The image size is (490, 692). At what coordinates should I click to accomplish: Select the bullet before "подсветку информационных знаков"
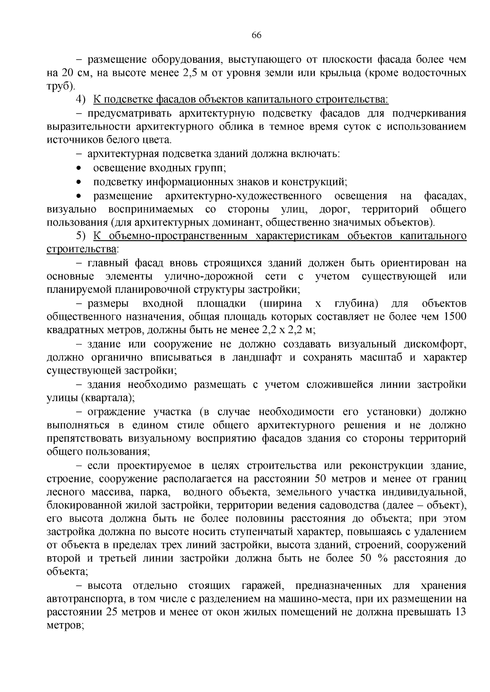coord(79,182)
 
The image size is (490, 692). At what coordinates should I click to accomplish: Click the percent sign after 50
coord(382,559)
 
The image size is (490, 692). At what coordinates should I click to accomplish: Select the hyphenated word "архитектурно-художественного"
coord(243,196)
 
